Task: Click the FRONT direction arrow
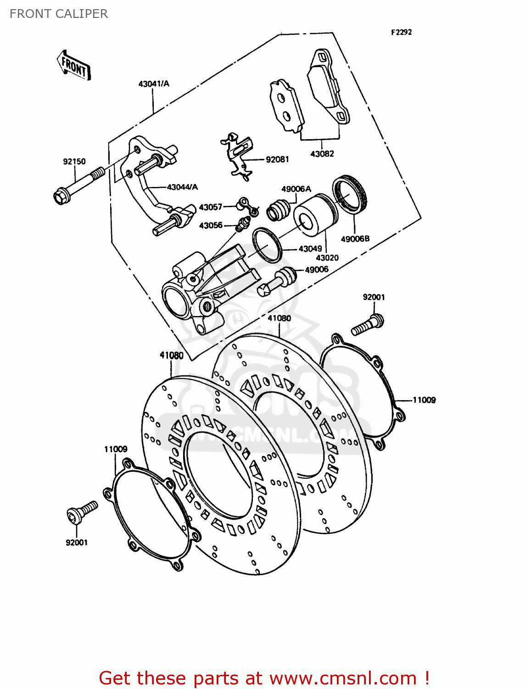(74, 66)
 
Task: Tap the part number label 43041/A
(154, 84)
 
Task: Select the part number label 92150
(74, 162)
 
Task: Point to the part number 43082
(322, 154)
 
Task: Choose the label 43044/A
(182, 187)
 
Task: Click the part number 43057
(211, 207)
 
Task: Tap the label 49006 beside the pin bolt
(317, 270)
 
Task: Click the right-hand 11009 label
(424, 400)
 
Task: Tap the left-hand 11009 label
(116, 449)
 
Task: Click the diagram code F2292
(401, 32)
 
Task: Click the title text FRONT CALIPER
(59, 14)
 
